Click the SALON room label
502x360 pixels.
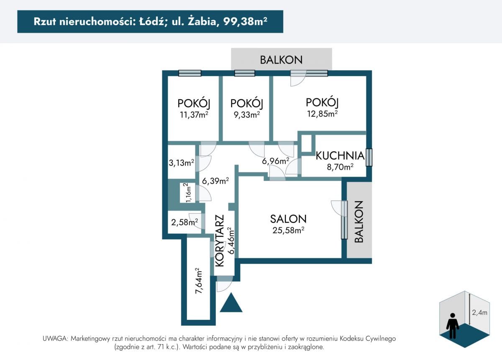[288, 219]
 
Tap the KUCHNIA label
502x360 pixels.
[340, 156]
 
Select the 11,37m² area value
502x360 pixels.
[194, 115]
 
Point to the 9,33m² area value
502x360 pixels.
[247, 115]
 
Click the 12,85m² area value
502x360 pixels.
[322, 114]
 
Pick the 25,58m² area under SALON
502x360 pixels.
[288, 230]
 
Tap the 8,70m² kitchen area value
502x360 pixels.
[340, 167]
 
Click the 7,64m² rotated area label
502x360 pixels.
[198, 281]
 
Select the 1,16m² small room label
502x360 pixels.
[188, 193]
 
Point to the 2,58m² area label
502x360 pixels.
[184, 222]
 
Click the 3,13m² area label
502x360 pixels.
[181, 162]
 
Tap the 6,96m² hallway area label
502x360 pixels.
[275, 161]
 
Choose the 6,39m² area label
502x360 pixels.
[215, 180]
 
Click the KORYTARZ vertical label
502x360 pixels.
[220, 241]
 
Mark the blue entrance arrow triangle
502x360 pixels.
[231, 303]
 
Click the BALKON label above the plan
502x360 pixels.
[281, 60]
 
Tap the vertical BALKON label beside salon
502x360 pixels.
[359, 222]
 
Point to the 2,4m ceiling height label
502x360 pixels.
[479, 312]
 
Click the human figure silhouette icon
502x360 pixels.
[453, 326]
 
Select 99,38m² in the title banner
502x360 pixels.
[245, 21]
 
